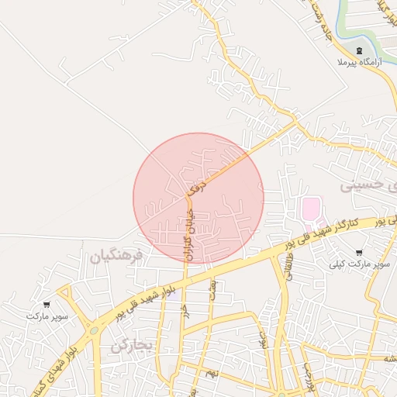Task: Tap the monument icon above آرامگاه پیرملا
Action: pos(357,50)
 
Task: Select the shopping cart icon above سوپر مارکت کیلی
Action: pos(358,253)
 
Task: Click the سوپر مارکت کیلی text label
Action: pos(359,264)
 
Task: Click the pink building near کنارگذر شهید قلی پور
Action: pos(310,209)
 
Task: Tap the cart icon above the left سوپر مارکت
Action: pos(47,305)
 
